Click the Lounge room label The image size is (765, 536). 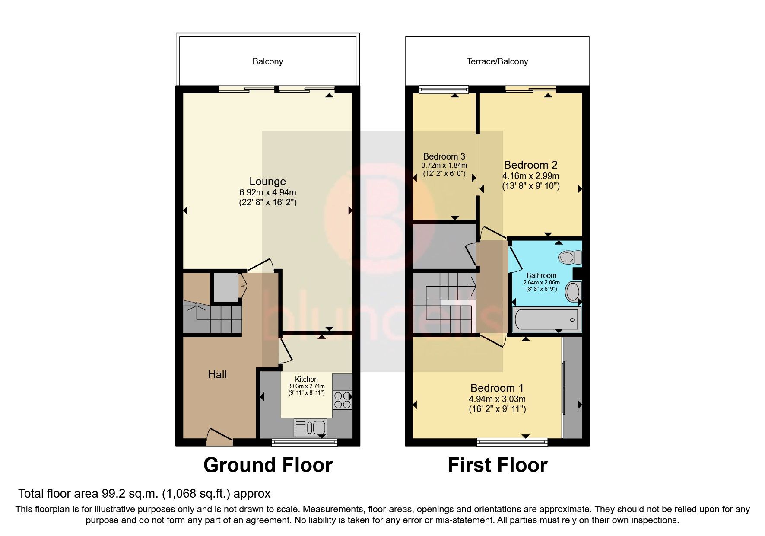click(267, 182)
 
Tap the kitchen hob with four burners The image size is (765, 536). click(342, 400)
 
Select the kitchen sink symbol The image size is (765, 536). click(311, 428)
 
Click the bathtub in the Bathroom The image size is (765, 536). click(546, 319)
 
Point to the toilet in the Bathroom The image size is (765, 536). click(570, 258)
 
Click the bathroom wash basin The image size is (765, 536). click(573, 291)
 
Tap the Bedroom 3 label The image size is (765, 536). click(444, 156)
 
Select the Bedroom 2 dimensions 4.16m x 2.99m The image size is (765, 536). click(530, 176)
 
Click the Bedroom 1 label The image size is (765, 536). click(497, 388)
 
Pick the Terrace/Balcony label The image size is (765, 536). click(497, 61)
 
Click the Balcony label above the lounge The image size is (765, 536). click(267, 61)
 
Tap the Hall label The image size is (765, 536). click(217, 375)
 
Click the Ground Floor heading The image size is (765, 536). click(267, 465)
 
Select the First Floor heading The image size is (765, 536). click(497, 465)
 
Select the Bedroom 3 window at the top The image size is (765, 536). click(444, 90)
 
